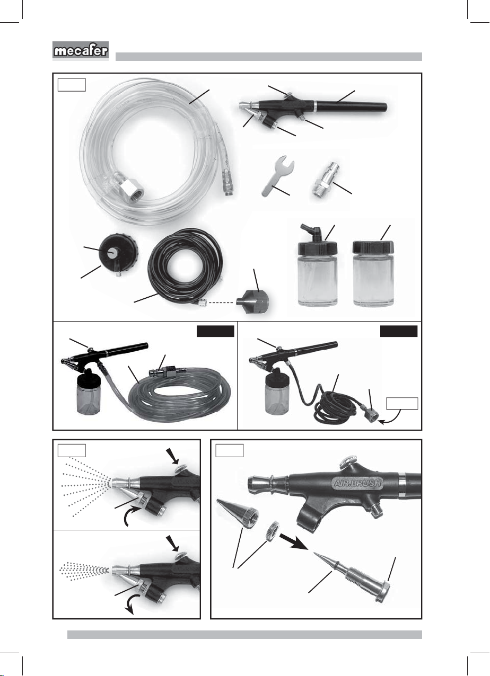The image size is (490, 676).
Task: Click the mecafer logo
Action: pyautogui.click(x=81, y=51)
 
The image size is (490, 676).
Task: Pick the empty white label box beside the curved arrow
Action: pyautogui.click(x=402, y=404)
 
